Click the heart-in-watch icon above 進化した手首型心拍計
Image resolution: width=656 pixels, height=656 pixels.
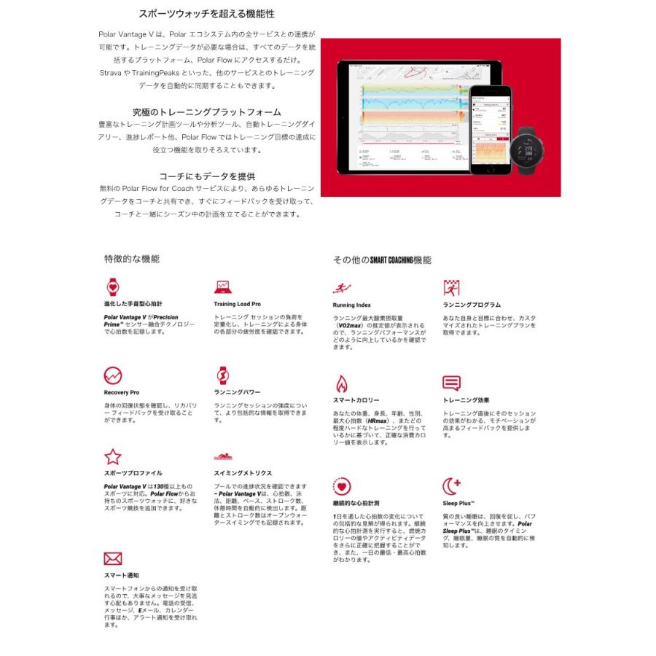point(113,286)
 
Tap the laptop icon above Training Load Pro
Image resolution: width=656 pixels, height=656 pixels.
point(223,286)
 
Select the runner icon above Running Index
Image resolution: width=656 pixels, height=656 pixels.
point(342,287)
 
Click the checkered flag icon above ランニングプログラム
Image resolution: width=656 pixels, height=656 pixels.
point(452,287)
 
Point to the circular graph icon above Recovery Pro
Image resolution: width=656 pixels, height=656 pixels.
point(113,375)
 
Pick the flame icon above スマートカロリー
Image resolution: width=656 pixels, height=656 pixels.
point(341,383)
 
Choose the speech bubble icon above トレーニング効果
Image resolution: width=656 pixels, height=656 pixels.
point(452,383)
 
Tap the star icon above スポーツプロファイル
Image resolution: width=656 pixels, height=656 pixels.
point(113,457)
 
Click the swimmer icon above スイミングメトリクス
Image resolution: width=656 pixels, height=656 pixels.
point(223,458)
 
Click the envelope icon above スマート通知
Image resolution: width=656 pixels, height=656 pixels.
point(113,559)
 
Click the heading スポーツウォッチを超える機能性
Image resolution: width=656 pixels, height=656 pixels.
point(207,14)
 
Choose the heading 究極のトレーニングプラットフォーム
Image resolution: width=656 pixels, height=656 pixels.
point(206,112)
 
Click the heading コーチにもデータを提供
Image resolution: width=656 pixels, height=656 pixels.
point(207,176)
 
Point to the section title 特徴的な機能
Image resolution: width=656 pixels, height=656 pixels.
point(132,259)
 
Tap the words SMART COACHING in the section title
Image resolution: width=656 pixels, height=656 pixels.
point(391,259)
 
